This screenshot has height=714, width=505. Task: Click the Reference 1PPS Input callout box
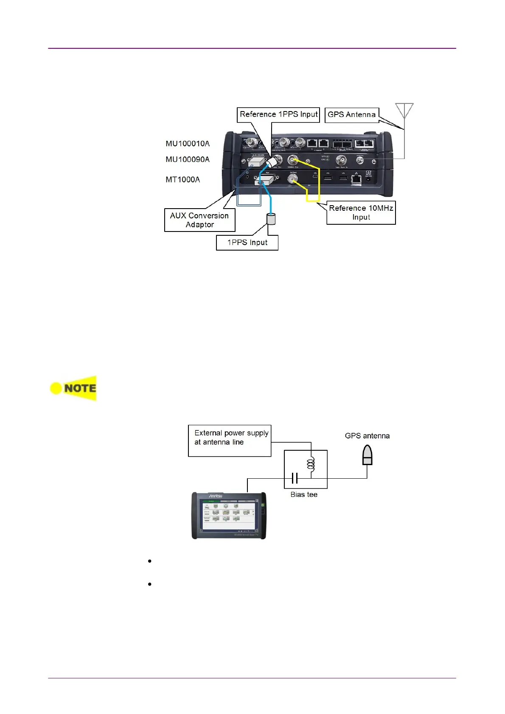(278, 114)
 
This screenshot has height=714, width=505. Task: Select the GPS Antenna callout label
(351, 115)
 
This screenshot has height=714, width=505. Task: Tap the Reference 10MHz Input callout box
(361, 212)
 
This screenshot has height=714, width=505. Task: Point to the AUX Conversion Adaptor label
(199, 220)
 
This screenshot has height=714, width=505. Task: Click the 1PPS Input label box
(247, 243)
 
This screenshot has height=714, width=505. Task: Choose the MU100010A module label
(188, 144)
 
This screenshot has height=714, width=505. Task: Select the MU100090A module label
(188, 159)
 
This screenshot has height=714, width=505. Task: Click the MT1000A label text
(182, 180)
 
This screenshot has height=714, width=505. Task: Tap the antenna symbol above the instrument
(404, 111)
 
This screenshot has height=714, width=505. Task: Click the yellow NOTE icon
(73, 388)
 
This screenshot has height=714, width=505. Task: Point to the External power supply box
(230, 441)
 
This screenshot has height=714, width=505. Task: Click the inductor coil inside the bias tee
(311, 463)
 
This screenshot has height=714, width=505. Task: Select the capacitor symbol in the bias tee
(295, 478)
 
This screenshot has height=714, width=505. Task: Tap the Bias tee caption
(304, 494)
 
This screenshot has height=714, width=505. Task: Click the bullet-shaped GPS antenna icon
(367, 456)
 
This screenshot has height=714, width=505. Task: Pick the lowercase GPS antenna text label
(367, 436)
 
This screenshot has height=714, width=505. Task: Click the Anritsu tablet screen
(229, 516)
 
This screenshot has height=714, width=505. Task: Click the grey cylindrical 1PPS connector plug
(271, 219)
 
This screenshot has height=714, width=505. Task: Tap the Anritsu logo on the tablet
(215, 496)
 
